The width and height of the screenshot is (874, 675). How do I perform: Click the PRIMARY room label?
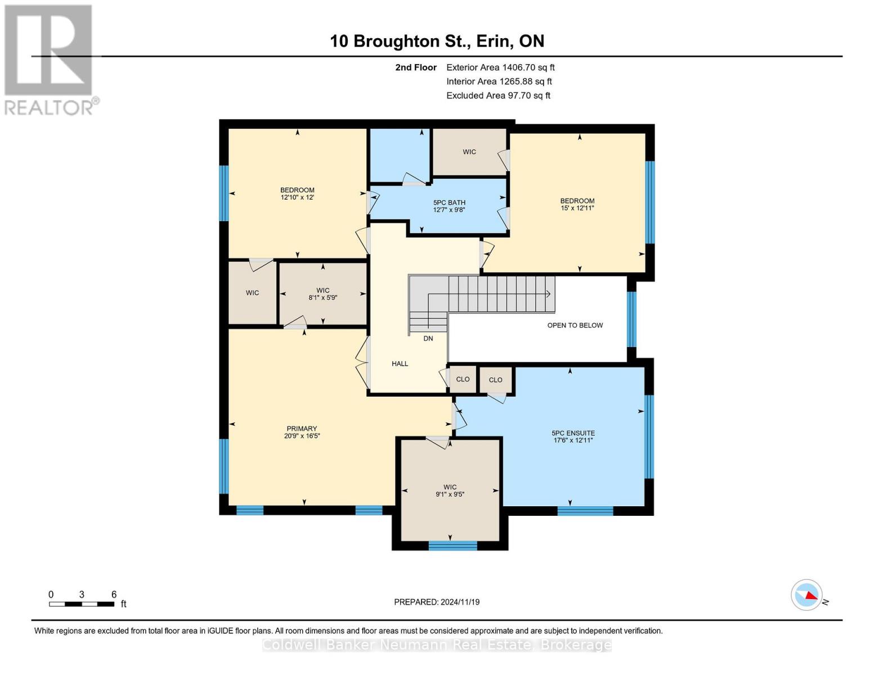(x=302, y=432)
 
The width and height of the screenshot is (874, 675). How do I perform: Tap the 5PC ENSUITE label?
(x=573, y=436)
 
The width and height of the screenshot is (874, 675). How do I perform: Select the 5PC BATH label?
(x=449, y=206)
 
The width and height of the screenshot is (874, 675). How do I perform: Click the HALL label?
(x=400, y=364)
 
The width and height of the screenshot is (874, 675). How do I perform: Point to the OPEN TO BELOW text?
(x=575, y=325)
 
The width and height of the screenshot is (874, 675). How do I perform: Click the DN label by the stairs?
(x=428, y=339)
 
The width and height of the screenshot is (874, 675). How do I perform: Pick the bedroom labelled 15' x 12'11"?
(x=577, y=204)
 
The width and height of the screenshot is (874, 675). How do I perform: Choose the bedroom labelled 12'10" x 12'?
(x=297, y=193)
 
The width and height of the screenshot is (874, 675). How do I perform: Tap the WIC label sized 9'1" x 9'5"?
(x=450, y=490)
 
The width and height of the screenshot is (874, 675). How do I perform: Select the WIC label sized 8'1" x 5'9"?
(x=322, y=294)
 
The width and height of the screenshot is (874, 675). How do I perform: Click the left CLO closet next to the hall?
(x=463, y=380)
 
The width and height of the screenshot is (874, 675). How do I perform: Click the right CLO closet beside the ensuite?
(x=495, y=380)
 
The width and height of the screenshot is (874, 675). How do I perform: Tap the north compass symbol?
(x=807, y=595)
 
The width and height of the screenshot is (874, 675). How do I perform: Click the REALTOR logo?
(x=50, y=60)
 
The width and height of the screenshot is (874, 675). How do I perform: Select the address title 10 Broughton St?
(x=437, y=41)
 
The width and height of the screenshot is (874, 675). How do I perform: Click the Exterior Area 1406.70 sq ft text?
(x=500, y=67)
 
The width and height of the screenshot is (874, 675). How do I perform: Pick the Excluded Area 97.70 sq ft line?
(x=498, y=96)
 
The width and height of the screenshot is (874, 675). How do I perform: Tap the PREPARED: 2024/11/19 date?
(x=437, y=602)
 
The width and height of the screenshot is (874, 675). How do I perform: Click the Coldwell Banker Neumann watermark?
(x=437, y=645)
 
